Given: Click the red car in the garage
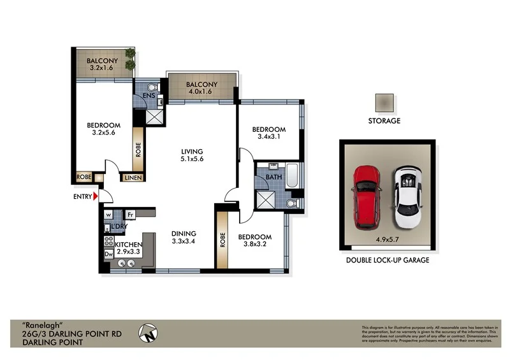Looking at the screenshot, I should pos(367,196).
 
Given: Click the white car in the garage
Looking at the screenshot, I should pos(407,198).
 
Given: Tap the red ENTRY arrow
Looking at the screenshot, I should pos(96,197).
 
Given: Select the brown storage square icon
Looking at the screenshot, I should pos(384,103).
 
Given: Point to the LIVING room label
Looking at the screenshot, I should pos(191,151).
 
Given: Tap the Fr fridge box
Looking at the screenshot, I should pos(129,215).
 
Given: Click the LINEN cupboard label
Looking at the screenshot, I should pos(133,178).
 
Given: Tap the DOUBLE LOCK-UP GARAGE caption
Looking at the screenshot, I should pos(387,260).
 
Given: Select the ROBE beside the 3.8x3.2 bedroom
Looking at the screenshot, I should pos(222,240).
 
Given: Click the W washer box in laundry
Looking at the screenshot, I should pos(108,215).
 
